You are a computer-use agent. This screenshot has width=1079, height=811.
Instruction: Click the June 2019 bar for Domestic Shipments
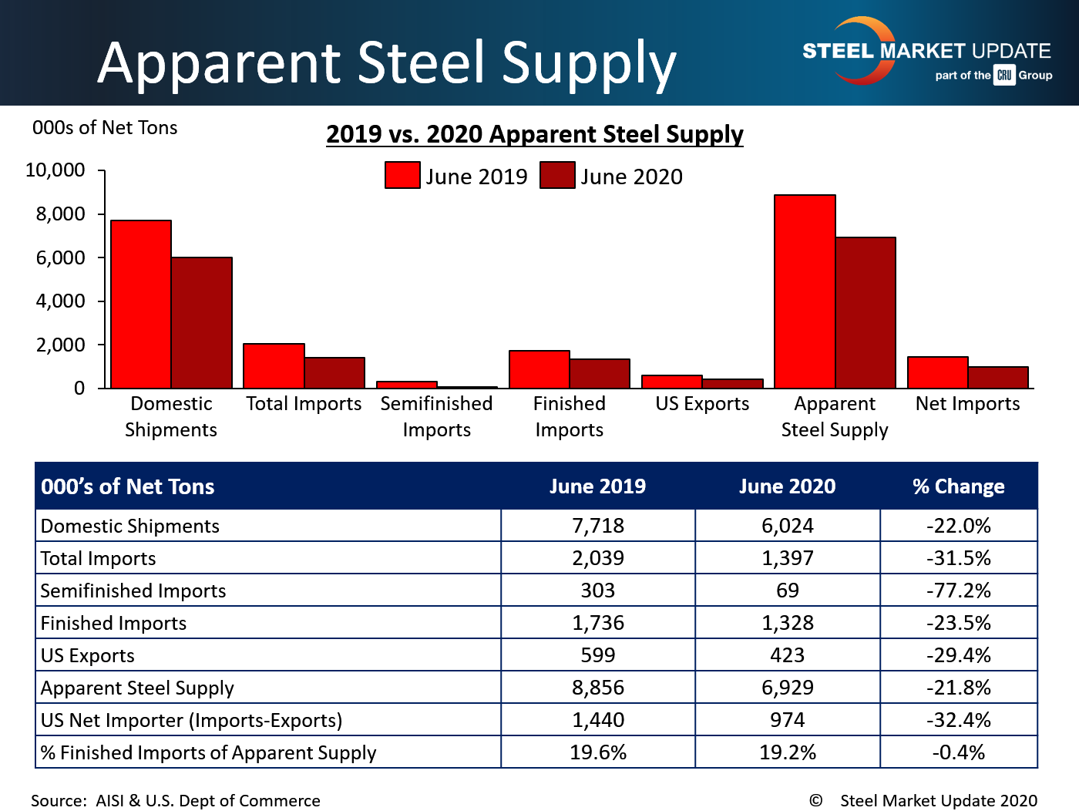coord(141,305)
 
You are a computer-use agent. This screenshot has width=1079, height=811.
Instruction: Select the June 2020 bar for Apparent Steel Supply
coord(866,313)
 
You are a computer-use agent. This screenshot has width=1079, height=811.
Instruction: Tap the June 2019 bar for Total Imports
coord(274,366)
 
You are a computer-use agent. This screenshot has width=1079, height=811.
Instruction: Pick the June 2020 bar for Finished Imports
coord(600,374)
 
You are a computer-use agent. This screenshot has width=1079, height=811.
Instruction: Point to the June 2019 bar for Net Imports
coord(938,372)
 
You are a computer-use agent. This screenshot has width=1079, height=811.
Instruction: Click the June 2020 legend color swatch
coord(557,175)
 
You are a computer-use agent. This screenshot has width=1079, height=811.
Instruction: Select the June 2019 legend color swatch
coord(402,175)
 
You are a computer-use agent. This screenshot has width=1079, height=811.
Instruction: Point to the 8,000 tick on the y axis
coord(60,214)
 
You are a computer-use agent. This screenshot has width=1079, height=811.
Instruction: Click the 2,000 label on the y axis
coord(60,345)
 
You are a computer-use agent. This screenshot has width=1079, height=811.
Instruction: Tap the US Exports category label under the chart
coord(702,404)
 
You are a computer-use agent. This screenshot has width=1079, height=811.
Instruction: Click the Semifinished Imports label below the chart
coord(436,416)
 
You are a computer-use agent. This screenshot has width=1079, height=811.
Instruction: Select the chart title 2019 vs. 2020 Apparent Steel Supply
coord(534,134)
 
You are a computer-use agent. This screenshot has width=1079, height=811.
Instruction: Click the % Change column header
coord(958,486)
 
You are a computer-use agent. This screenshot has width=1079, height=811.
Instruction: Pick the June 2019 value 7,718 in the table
coord(597,526)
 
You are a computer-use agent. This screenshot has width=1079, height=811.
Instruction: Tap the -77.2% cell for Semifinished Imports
coord(958,591)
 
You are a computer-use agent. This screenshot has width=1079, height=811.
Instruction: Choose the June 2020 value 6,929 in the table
coord(787,688)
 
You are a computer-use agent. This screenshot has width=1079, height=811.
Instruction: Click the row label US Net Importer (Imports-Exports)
coord(191,720)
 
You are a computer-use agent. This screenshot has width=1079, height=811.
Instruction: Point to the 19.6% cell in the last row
coord(597,752)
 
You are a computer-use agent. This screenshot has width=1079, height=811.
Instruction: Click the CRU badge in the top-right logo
coord(1004,75)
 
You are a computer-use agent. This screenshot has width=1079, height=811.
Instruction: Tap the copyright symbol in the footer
coord(815,800)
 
